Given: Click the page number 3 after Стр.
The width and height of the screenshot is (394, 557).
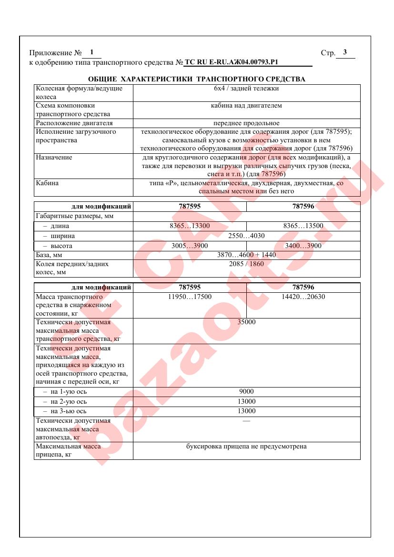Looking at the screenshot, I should (x=345, y=52).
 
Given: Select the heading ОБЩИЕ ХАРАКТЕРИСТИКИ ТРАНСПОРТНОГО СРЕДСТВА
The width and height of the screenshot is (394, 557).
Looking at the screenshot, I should (x=197, y=79).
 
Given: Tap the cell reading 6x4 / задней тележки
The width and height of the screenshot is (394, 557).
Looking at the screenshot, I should (x=246, y=89).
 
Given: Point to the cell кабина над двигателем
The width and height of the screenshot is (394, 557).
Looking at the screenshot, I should (x=246, y=106).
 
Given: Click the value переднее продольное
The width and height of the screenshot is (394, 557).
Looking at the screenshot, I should (x=246, y=123).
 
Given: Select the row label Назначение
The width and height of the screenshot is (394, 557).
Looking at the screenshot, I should (x=54, y=158).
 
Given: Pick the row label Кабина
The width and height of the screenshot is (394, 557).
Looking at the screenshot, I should (x=47, y=183).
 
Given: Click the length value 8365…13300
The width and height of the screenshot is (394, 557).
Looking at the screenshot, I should (x=190, y=226).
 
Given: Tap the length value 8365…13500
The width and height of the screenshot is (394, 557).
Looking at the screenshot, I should (x=303, y=226).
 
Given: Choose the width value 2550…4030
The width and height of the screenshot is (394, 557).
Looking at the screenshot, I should (x=246, y=236).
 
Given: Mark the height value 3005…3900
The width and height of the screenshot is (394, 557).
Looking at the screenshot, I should (x=190, y=246).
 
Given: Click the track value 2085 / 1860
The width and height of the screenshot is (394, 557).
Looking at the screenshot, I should (x=246, y=264).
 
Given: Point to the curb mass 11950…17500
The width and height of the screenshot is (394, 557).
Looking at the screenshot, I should (x=190, y=297).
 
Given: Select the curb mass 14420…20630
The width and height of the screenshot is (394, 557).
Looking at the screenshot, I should (x=303, y=297).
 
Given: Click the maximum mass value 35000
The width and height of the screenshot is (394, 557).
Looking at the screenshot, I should (x=246, y=323).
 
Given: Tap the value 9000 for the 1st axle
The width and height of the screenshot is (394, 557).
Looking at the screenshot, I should (x=246, y=392).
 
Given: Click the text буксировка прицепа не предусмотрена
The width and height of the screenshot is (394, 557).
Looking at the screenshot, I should (x=246, y=447).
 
